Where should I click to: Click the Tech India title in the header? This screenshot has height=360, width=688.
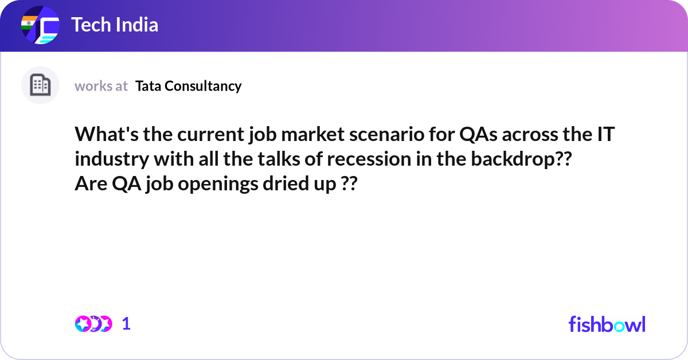pyautogui.click(x=115, y=25)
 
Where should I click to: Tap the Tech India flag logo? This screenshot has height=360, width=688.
pyautogui.click(x=40, y=26)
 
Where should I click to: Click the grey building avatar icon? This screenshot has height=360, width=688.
pyautogui.click(x=40, y=85)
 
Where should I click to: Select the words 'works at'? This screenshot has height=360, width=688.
pyautogui.click(x=101, y=86)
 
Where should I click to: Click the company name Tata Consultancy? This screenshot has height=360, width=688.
pyautogui.click(x=189, y=86)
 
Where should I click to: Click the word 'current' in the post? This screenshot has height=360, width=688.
pyautogui.click(x=202, y=136)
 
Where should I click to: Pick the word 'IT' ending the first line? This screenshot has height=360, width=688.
pyautogui.click(x=606, y=136)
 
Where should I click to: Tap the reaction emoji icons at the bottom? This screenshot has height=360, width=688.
pyautogui.click(x=93, y=324)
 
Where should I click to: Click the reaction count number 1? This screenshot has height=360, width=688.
pyautogui.click(x=126, y=324)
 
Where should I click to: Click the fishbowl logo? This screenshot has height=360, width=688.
pyautogui.click(x=607, y=324)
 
